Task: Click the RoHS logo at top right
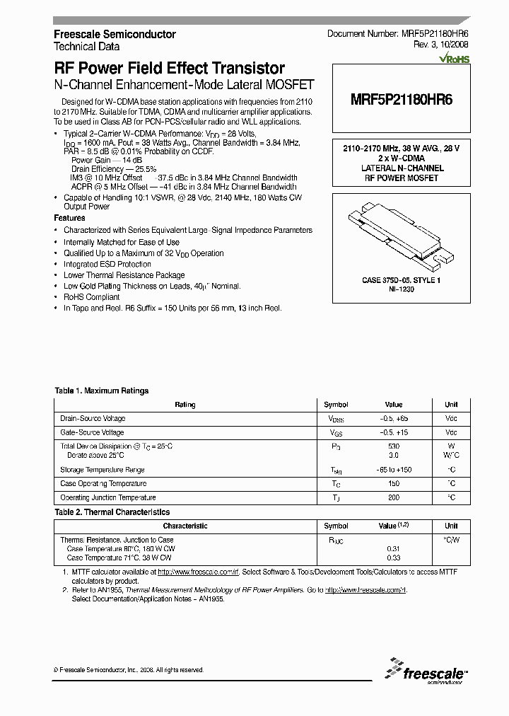click(454, 59)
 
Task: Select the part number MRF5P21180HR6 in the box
click(402, 100)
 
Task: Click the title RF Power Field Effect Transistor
click(170, 69)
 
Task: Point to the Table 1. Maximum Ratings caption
click(102, 391)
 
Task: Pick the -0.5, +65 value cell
click(394, 419)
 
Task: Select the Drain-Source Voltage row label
click(93, 419)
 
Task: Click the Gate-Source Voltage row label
click(92, 432)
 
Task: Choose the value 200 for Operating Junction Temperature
click(394, 497)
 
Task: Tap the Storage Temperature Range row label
click(103, 470)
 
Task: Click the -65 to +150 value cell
click(394, 470)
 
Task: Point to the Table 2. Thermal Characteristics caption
click(112, 512)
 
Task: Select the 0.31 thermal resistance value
click(394, 548)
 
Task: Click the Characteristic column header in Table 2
click(185, 526)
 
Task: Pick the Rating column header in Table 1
click(185, 405)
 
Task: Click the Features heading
click(69, 218)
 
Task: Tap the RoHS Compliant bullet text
click(89, 297)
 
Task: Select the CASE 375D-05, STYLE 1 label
click(402, 281)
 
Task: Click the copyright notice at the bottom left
click(129, 669)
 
